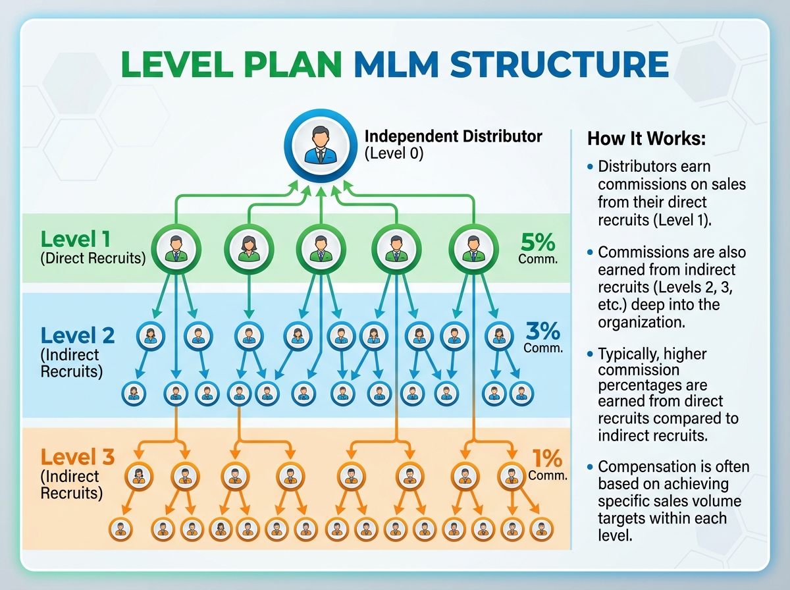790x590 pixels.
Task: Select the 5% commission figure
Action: click(x=537, y=241)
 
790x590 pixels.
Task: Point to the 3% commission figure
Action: click(x=543, y=330)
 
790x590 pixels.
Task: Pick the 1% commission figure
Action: click(x=548, y=458)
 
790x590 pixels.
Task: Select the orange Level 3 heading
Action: click(x=78, y=456)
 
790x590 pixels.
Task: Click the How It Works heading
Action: click(x=637, y=139)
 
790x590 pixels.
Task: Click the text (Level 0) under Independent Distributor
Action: click(x=394, y=154)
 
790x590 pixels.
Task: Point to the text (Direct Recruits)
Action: click(x=93, y=258)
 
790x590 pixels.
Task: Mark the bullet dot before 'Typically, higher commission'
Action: click(x=591, y=355)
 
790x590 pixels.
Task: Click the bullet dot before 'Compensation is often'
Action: click(x=591, y=467)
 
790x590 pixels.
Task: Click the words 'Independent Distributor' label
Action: click(x=453, y=136)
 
